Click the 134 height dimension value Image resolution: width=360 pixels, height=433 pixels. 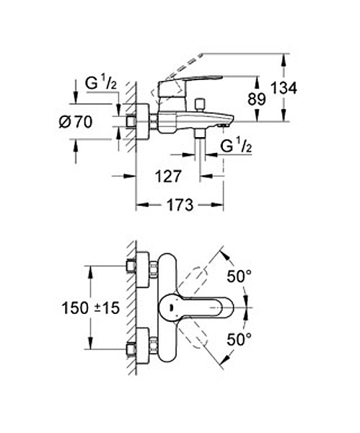[284, 88]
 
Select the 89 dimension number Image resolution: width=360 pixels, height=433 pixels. [257, 99]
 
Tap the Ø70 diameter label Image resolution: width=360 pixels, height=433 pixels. [76, 122]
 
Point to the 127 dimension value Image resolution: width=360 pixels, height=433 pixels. [168, 176]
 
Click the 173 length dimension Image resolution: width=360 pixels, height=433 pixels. [180, 205]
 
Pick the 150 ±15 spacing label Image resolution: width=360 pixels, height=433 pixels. [91, 308]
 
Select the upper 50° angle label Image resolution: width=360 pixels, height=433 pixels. [239, 276]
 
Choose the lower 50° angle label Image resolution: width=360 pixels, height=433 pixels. [239, 339]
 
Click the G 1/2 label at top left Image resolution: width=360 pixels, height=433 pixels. [101, 83]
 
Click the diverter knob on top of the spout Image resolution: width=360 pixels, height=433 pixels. [199, 104]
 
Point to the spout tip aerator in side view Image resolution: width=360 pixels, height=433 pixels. [223, 126]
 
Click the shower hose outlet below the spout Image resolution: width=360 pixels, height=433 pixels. [199, 134]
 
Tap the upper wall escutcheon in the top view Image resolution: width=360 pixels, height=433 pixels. [143, 269]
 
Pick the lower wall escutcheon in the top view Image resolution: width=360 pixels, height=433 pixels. [143, 346]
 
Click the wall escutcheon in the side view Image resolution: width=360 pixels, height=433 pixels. [143, 121]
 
